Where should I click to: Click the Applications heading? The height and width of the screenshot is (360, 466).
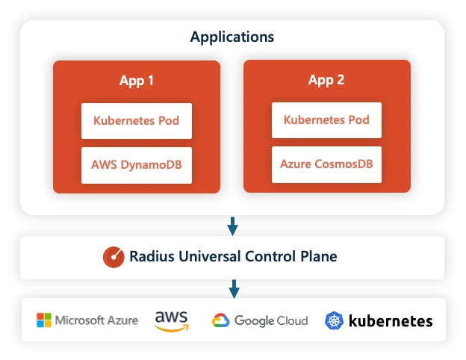232,37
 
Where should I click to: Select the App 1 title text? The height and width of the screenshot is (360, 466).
137,81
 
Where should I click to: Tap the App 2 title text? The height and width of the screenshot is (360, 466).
326,80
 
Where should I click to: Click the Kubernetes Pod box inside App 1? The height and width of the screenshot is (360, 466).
137,120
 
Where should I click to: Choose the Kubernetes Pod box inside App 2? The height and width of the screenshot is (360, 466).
326,120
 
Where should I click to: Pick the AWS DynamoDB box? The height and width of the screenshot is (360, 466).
137,164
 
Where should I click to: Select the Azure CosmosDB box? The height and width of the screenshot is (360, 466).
326,164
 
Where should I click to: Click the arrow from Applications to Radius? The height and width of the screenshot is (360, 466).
233,225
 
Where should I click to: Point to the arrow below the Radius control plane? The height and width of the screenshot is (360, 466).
233,288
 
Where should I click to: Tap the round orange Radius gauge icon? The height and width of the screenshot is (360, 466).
114,257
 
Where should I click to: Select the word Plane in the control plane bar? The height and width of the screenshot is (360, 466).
320,257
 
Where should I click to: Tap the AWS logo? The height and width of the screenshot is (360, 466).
171,320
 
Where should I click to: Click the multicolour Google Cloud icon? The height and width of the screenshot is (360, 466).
220,321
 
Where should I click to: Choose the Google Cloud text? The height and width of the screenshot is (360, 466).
271,321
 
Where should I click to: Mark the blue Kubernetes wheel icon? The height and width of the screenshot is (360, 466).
334,321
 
